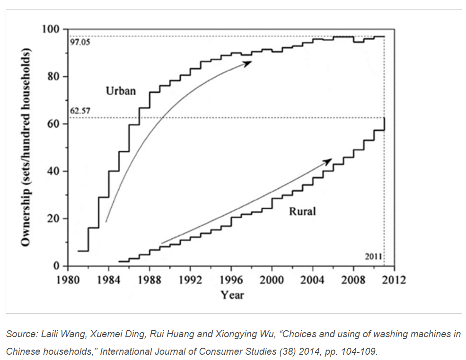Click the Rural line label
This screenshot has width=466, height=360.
[x=302, y=211]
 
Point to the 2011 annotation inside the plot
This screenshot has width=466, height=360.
[x=374, y=256]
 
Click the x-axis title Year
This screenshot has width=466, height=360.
[x=232, y=295]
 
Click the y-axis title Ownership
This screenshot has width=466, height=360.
[x=26, y=147]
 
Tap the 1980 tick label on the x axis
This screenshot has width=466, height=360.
[x=68, y=280]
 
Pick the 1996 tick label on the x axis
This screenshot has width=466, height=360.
[x=231, y=280]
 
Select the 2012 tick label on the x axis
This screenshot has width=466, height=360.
[x=394, y=280]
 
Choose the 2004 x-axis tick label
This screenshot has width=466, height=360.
[x=313, y=280]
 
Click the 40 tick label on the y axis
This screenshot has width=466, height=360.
[x=55, y=171]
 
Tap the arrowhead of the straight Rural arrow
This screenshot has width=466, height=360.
[x=328, y=161]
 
